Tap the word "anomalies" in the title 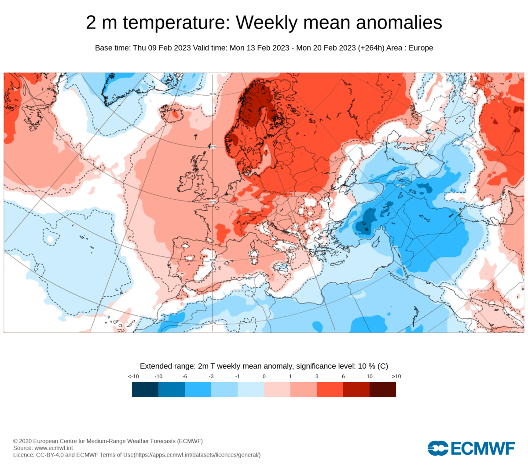[x=399, y=22]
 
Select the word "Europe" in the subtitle [x=421, y=48]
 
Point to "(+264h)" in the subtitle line [x=371, y=48]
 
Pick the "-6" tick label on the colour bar [x=185, y=376]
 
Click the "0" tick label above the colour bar [x=264, y=376]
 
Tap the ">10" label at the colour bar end [x=396, y=376]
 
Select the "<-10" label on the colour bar [x=133, y=376]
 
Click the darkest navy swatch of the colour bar [x=145, y=389]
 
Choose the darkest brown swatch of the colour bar [x=383, y=389]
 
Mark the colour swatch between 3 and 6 [x=330, y=389]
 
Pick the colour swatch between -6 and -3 [x=198, y=389]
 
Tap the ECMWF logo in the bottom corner [x=471, y=448]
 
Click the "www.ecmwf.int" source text [x=53, y=448]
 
